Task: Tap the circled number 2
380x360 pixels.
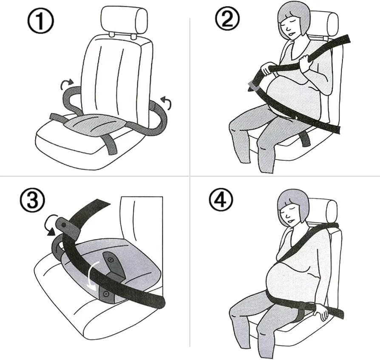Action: (x=227, y=18)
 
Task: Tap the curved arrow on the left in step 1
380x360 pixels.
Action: (x=67, y=84)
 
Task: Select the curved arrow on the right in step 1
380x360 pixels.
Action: (x=166, y=102)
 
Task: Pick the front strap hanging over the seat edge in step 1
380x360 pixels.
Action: (x=110, y=144)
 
